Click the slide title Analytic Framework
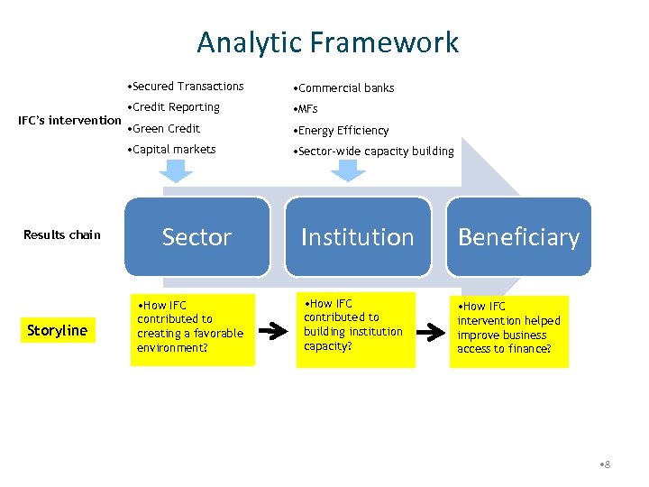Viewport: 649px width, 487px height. coord(327,42)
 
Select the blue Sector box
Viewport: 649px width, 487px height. coord(197,236)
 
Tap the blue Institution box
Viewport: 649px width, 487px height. coord(357,236)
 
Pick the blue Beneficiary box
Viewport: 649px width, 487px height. coord(518,236)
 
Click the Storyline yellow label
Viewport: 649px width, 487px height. coord(57,330)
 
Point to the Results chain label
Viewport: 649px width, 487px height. coord(62,235)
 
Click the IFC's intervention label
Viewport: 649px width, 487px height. coord(70,120)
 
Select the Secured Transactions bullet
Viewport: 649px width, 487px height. coord(187,87)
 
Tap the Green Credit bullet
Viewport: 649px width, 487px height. coord(165,129)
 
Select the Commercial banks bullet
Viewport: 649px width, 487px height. coord(343,88)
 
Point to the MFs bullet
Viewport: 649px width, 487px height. coord(305,109)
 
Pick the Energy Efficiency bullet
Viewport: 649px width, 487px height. coord(341,131)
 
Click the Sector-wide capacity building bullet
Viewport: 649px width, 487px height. coord(373,152)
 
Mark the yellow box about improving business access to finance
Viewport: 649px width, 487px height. coord(509,331)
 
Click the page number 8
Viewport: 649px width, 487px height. coord(605,464)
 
